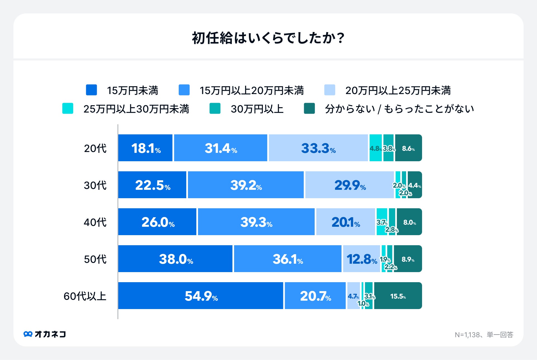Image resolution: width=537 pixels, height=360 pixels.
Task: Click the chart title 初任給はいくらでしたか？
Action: point(268,38)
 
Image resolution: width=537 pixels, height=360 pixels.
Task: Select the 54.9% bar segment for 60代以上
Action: point(201,296)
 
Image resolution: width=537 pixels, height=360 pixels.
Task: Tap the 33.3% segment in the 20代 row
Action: point(318,148)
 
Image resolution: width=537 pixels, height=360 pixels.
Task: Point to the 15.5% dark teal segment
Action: point(398,296)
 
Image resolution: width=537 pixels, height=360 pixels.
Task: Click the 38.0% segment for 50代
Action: point(175,259)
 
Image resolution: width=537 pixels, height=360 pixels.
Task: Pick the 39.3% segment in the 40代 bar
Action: point(256,222)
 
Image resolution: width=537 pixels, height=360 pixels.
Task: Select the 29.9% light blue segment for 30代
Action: point(350,185)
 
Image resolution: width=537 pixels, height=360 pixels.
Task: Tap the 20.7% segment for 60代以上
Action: point(315,296)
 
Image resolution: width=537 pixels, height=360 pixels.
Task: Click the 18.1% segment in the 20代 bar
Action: point(145,148)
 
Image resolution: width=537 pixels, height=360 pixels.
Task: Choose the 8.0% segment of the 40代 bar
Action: point(409,222)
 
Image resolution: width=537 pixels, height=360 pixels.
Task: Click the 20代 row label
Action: point(95,148)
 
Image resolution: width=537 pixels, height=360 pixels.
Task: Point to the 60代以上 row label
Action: point(85,296)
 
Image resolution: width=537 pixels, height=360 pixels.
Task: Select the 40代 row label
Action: point(95,222)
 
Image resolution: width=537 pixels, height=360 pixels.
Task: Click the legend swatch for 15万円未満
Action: point(91,90)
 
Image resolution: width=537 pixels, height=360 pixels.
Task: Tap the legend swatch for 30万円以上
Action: point(215,109)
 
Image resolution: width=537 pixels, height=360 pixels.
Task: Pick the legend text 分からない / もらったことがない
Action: point(399,109)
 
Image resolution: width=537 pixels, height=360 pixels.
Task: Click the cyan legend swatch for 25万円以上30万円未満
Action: point(68,109)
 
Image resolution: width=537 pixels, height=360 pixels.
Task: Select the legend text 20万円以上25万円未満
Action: point(398,90)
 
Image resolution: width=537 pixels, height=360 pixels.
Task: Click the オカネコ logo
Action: point(45,334)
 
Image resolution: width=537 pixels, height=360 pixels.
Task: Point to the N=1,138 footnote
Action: point(484,335)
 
